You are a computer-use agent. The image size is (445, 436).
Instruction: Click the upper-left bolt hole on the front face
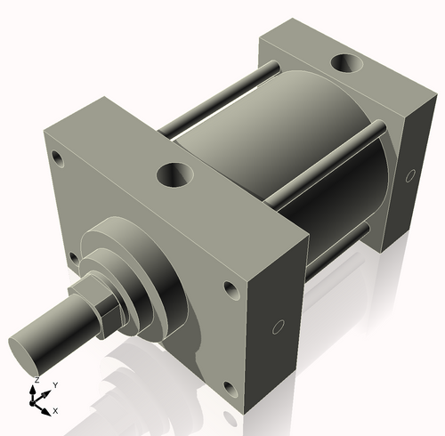tap(58, 159)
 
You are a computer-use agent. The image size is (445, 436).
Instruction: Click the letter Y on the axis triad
tap(55, 384)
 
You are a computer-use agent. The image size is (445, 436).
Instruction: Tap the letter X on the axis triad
tap(55, 410)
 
